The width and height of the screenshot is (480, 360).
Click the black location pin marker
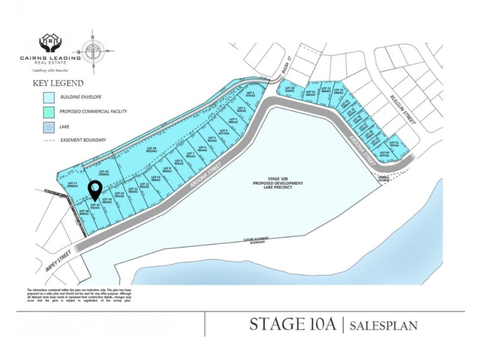click(x=95, y=191)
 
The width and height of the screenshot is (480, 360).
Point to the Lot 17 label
click(x=72, y=184)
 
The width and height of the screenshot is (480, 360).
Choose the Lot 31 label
click(x=394, y=143)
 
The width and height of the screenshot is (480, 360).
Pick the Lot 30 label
click(x=385, y=154)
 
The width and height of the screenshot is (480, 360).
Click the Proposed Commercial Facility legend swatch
click(x=49, y=112)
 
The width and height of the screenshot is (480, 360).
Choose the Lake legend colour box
click(x=49, y=127)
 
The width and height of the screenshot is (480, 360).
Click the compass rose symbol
click(x=94, y=52)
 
